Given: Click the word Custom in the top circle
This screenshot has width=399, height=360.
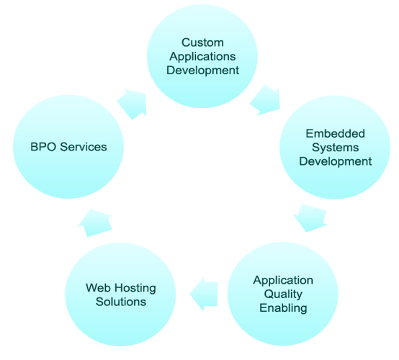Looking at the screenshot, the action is click(x=202, y=42).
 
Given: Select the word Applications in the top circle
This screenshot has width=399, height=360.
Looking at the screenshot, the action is click(x=202, y=57).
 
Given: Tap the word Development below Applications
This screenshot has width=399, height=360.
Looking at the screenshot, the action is click(x=202, y=71).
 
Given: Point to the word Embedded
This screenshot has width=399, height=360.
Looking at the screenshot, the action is click(x=335, y=134).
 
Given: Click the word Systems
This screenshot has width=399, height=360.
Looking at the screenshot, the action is click(x=335, y=148).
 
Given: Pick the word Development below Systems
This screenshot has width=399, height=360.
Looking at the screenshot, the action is click(x=335, y=161).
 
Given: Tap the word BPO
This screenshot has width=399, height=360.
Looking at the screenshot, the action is click(x=43, y=147).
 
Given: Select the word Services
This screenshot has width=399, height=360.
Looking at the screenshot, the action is click(x=84, y=147).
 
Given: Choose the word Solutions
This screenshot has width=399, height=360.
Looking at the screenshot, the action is click(x=121, y=302).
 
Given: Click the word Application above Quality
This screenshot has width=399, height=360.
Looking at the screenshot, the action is click(x=283, y=281).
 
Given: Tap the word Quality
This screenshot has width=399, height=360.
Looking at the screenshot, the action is click(x=283, y=294).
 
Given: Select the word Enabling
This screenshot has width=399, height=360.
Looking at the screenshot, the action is click(x=283, y=308).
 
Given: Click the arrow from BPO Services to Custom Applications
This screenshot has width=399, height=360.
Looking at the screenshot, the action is click(x=133, y=104).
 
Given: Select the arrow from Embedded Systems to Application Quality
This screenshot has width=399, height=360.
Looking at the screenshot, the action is click(x=310, y=217).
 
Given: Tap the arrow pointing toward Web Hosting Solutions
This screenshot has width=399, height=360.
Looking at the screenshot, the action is click(x=204, y=294).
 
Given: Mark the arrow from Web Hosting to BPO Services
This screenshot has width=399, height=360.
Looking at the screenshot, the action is click(x=95, y=223).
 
